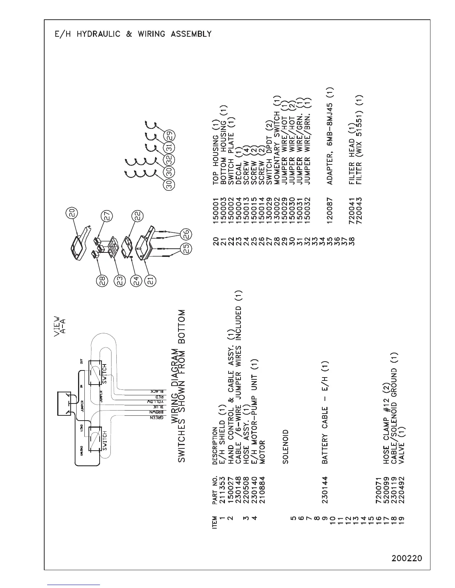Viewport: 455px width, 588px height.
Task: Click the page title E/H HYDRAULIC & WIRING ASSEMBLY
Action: click(x=132, y=34)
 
